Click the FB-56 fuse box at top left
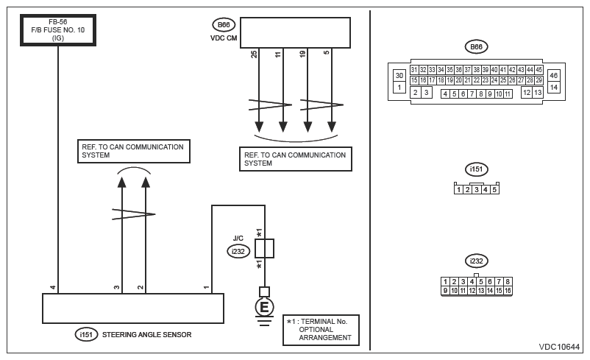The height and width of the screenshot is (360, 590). [x=58, y=29]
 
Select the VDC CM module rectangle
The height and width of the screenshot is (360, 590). [x=295, y=32]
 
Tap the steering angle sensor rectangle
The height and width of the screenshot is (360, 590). [x=132, y=308]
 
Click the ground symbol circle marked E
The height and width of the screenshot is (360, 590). [x=264, y=306]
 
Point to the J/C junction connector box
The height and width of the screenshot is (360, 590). [x=264, y=248]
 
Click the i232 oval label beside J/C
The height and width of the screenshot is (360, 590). [x=238, y=251]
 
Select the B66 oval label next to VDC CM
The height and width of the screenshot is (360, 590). [x=221, y=24]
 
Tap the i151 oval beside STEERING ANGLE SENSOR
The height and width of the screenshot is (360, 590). [x=87, y=335]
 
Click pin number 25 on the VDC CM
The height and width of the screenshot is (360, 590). [x=255, y=54]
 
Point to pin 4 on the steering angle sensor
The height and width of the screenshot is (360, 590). [x=53, y=287]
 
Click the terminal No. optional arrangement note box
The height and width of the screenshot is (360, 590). [x=321, y=330]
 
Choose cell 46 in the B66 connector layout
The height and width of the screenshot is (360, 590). [x=554, y=75]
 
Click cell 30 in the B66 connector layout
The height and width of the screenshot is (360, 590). [x=399, y=75]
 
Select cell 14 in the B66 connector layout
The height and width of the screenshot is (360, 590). [x=554, y=87]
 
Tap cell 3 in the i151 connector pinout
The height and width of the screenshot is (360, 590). [x=477, y=189]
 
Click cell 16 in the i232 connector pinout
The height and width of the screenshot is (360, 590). [x=508, y=291]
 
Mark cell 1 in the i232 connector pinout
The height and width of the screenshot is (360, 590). [x=446, y=282]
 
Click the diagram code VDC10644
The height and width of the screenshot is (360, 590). [x=559, y=346]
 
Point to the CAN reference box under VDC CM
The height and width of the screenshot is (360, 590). [x=295, y=159]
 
